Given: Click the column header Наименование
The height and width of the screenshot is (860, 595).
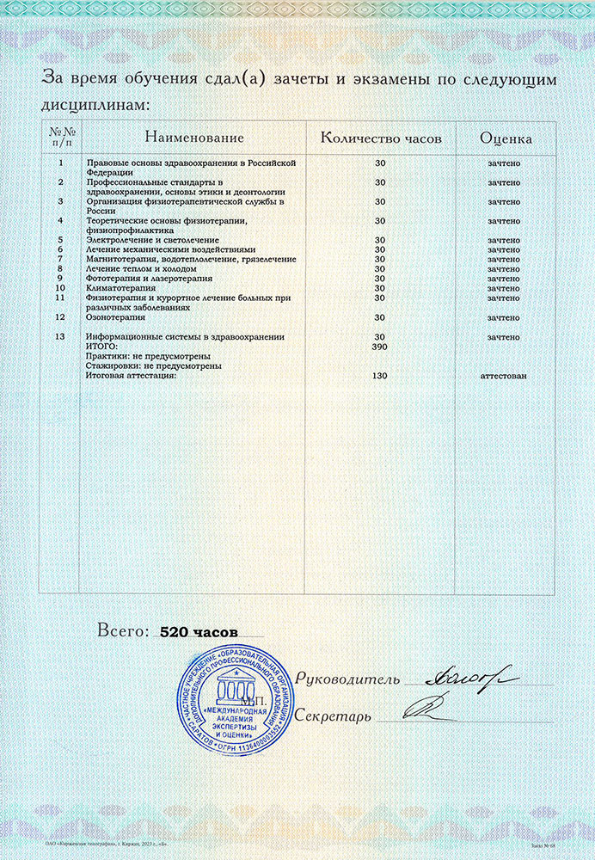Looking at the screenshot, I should coord(194,138).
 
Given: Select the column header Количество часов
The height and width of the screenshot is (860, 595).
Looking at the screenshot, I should coord(380,138).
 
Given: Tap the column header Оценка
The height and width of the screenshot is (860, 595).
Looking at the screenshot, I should coord(505,138).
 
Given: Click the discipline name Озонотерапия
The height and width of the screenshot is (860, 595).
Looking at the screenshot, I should coord(115,317).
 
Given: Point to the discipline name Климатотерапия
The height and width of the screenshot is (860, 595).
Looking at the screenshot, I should coord(120,288).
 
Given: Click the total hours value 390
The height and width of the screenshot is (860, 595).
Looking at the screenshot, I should coord(380,346).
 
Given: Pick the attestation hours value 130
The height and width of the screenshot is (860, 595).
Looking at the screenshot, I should coord(380,376).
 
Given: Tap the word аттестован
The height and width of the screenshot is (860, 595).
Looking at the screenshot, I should coord(504,376).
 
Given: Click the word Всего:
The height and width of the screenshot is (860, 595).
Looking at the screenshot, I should coord(124,631).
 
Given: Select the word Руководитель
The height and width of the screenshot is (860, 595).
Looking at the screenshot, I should coord(347,679).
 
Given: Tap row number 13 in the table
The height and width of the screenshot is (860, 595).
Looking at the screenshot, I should coord(59,337).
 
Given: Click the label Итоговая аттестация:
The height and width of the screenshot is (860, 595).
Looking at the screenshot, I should coord(132,376).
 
